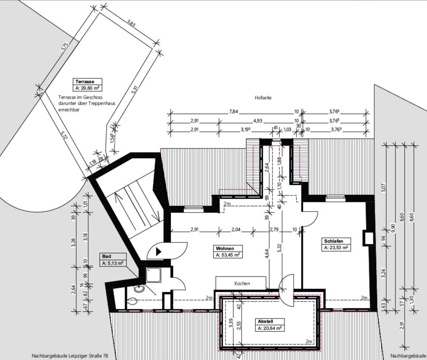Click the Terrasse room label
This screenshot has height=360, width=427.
(x=85, y=82)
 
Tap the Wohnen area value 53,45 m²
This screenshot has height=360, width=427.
(x=228, y=255)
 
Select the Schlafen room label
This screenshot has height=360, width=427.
(x=333, y=241)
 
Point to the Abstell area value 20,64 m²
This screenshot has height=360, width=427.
(x=270, y=328)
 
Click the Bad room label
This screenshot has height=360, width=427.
(x=106, y=256)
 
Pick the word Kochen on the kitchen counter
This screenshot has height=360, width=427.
(x=242, y=283)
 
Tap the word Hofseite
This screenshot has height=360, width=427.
(x=263, y=98)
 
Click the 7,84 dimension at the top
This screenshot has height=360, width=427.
(x=233, y=112)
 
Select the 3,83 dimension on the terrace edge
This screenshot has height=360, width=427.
(x=131, y=23)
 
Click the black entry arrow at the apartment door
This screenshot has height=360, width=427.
(x=158, y=251)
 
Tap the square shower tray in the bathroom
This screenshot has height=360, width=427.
(x=153, y=275)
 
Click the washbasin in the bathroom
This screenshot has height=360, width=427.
(x=139, y=288)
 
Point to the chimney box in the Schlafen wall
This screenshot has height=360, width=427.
(x=368, y=238)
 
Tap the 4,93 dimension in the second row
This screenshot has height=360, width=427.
(x=258, y=121)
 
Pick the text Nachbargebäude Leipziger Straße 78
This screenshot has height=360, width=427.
(x=70, y=356)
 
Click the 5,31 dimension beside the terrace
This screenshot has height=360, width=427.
(x=135, y=90)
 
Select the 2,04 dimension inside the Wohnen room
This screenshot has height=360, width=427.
(x=236, y=230)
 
